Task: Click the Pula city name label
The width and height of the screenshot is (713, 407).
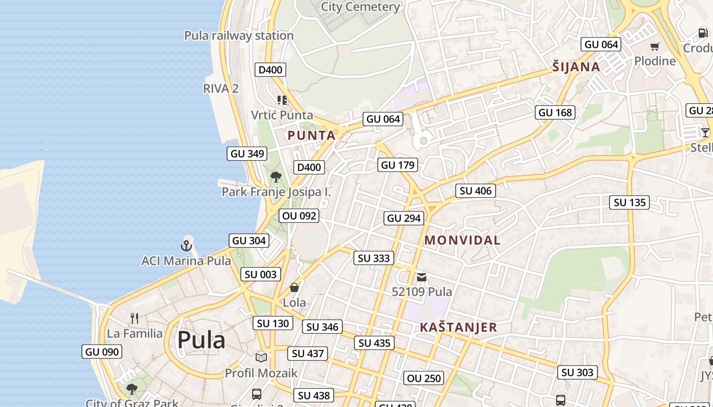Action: [201, 340]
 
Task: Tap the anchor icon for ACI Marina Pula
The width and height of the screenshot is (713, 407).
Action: [186, 246]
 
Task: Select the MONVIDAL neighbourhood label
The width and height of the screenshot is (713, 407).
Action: [462, 240]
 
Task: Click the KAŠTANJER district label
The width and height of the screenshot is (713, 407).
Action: [458, 328]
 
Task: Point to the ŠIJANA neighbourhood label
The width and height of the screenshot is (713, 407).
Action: [577, 67]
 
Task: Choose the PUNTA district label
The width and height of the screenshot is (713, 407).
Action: [312, 135]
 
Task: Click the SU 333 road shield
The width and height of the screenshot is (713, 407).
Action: [374, 258]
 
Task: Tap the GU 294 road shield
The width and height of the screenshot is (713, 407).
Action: [404, 218]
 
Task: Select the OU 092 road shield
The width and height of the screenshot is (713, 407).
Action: [299, 216]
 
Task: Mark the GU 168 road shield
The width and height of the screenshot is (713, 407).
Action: [555, 112]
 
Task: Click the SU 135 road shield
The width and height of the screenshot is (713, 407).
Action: [629, 202]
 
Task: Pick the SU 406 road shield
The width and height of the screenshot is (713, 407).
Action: [476, 191]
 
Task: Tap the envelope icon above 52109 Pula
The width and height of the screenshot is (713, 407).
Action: [422, 277]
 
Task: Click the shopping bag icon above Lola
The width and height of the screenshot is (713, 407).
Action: [294, 288]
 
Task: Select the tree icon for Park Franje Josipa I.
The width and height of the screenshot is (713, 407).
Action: [276, 177]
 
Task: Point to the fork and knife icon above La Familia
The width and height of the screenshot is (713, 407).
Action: [134, 319]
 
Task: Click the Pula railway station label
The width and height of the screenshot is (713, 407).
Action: [239, 36]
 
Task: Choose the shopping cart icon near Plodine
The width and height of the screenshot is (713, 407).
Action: [655, 46]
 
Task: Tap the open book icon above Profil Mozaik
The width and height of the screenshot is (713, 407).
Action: [261, 358]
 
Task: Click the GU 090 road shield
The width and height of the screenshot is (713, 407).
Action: [102, 352]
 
